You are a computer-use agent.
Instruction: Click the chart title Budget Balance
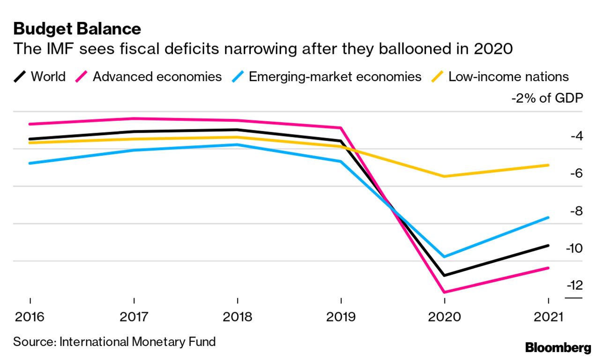[77, 29]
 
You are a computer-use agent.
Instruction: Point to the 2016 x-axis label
[30, 317]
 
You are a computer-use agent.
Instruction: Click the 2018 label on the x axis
[238, 317]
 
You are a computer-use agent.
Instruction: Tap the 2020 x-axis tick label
[444, 317]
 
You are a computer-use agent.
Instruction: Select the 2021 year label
[548, 317]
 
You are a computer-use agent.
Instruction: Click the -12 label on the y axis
[574, 285]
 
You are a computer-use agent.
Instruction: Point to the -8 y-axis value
[575, 210]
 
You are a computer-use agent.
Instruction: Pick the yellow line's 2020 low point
[444, 176]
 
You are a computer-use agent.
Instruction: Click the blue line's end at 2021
[548, 217]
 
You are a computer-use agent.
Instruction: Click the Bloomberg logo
[558, 348]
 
